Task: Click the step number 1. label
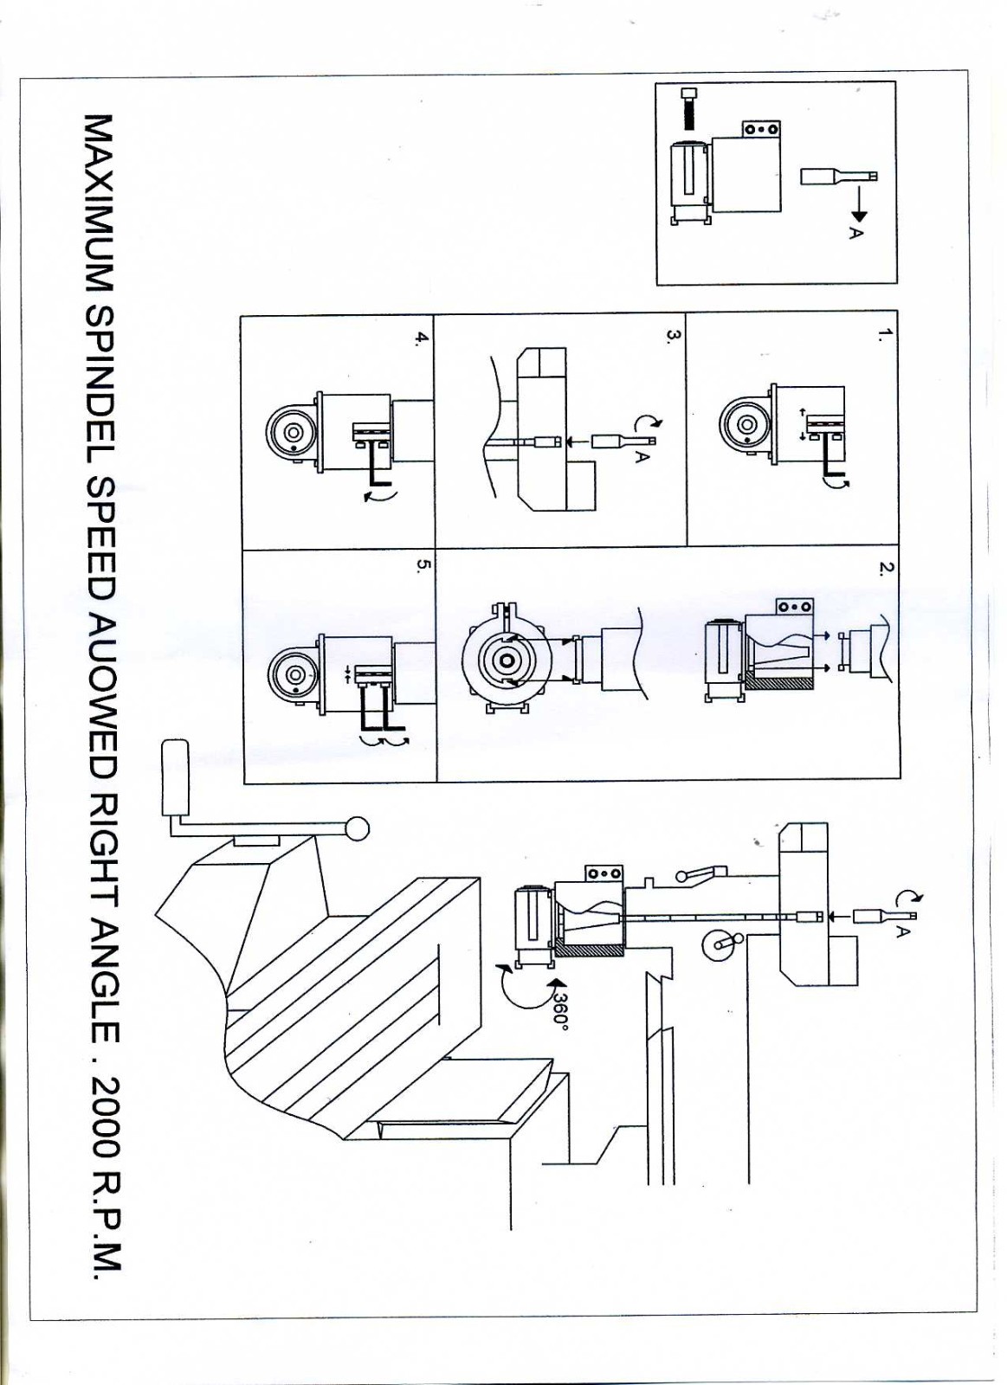pyautogui.click(x=882, y=335)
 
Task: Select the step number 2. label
pyautogui.click(x=884, y=569)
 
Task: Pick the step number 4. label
pyautogui.click(x=422, y=338)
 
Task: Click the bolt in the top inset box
pyautogui.click(x=689, y=108)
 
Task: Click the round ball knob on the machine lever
pyautogui.click(x=357, y=828)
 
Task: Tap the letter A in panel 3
pyautogui.click(x=642, y=455)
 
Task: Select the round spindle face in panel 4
pyautogui.click(x=292, y=432)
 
